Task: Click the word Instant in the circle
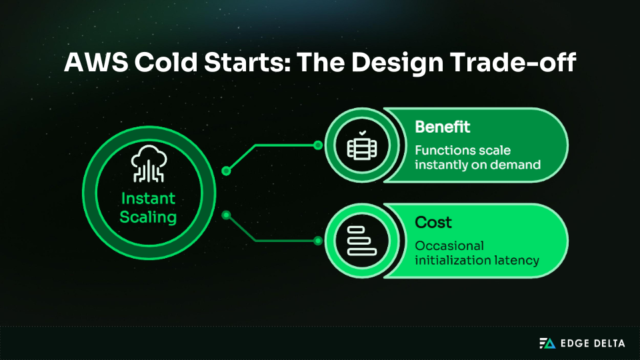pyautogui.click(x=148, y=198)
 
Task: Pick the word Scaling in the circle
pyautogui.click(x=148, y=217)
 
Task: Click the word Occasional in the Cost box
pyautogui.click(x=449, y=245)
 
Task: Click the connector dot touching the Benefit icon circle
pyautogui.click(x=318, y=145)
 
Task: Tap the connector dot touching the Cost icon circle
pyautogui.click(x=318, y=240)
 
